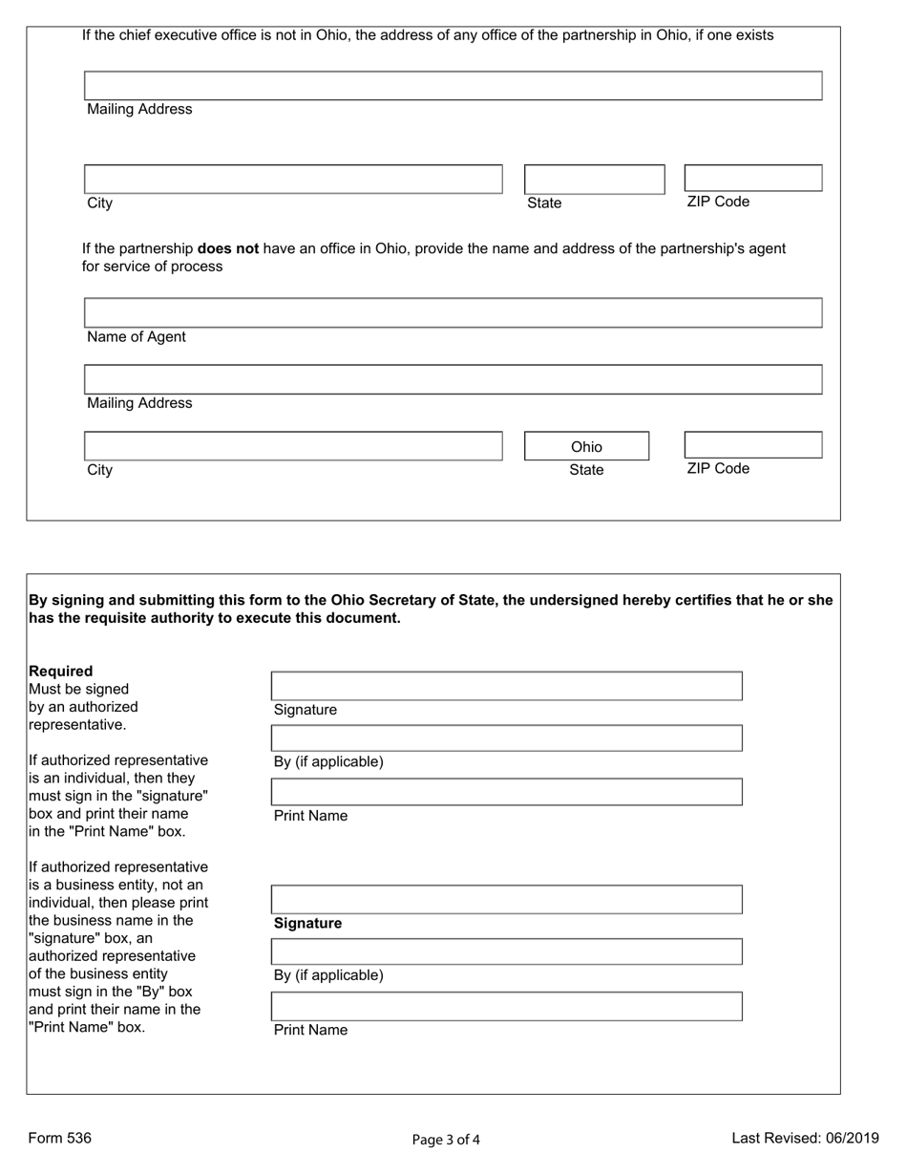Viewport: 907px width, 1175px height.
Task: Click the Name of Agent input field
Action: [453, 312]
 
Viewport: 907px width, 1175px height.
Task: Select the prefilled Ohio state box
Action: [586, 446]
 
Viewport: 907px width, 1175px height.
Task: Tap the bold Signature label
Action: [307, 924]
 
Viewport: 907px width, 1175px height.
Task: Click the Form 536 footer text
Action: [60, 1138]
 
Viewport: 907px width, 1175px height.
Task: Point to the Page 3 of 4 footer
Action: [446, 1139]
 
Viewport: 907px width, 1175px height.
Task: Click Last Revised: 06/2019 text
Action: [805, 1138]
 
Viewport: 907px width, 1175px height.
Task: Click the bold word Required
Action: [61, 671]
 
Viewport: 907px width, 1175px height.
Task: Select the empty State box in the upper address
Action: [594, 179]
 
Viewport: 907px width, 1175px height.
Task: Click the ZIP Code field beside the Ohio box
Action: [752, 445]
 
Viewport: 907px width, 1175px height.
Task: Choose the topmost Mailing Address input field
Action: [453, 85]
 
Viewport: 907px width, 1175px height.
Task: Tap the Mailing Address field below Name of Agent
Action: [453, 379]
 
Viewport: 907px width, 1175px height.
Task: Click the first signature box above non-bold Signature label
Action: [506, 686]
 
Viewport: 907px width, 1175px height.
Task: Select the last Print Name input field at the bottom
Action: [506, 1006]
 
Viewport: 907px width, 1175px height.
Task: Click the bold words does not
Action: [228, 248]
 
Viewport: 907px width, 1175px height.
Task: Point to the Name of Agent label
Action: [137, 337]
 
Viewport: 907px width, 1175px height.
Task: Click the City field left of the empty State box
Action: [293, 179]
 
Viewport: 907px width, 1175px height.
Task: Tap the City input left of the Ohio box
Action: [293, 446]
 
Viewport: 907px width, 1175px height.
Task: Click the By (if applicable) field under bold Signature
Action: [506, 951]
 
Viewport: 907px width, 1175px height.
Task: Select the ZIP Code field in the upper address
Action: [752, 178]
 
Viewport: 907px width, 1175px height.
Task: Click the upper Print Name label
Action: [310, 816]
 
